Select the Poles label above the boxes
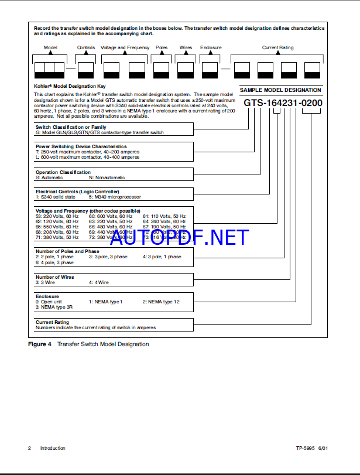pyautogui.click(x=162, y=47)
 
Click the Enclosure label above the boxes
pyautogui.click(x=211, y=47)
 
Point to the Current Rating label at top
pyautogui.click(x=278, y=47)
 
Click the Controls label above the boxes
pyautogui.click(x=86, y=47)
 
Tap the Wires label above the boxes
pyautogui.click(x=186, y=47)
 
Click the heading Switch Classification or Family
pyautogui.click(x=71, y=127)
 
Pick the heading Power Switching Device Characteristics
pyautogui.click(x=81, y=146)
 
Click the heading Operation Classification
pyautogui.click(x=63, y=172)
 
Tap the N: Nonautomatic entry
pyautogui.click(x=107, y=177)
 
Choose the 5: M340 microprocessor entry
pyautogui.click(x=116, y=196)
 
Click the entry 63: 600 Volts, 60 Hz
pyautogui.click(x=111, y=217)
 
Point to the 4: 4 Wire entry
pyautogui.click(x=99, y=282)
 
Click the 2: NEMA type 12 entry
pyautogui.click(x=161, y=301)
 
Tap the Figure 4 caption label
pyautogui.click(x=40, y=344)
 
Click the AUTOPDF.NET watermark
pyautogui.click(x=179, y=237)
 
